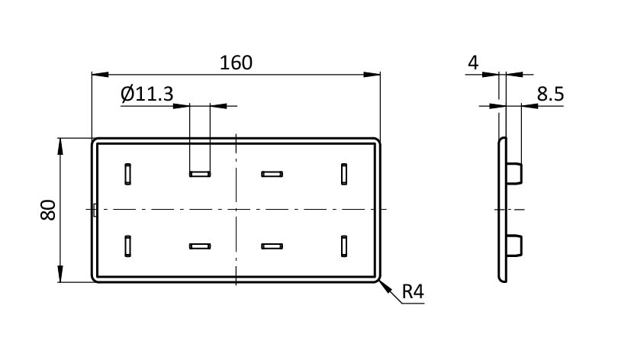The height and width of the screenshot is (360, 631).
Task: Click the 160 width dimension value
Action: coord(236,63)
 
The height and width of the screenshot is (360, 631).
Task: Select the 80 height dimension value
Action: coord(48,210)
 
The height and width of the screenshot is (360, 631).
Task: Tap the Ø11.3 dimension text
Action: coord(147,94)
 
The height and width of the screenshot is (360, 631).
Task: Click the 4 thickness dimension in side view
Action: coord(473,63)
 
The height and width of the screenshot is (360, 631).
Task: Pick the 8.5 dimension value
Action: coord(550,94)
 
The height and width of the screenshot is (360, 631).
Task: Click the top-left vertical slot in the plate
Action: coord(127,174)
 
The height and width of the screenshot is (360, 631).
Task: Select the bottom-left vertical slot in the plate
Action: coord(127,246)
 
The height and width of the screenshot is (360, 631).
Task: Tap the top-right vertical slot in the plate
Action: coord(344,174)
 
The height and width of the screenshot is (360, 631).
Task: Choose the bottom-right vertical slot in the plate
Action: coord(344,246)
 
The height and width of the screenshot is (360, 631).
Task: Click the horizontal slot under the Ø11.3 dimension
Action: coord(200,174)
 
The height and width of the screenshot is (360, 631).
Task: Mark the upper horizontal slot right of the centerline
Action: coord(272,174)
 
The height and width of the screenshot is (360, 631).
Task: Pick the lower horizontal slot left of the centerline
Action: coord(200,246)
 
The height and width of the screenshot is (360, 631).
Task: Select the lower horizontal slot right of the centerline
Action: coord(272,246)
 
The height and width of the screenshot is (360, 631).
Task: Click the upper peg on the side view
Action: coord(514,173)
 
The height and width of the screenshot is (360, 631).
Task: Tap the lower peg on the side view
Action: coord(514,246)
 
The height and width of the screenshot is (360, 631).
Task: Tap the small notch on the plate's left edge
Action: coord(94,210)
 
